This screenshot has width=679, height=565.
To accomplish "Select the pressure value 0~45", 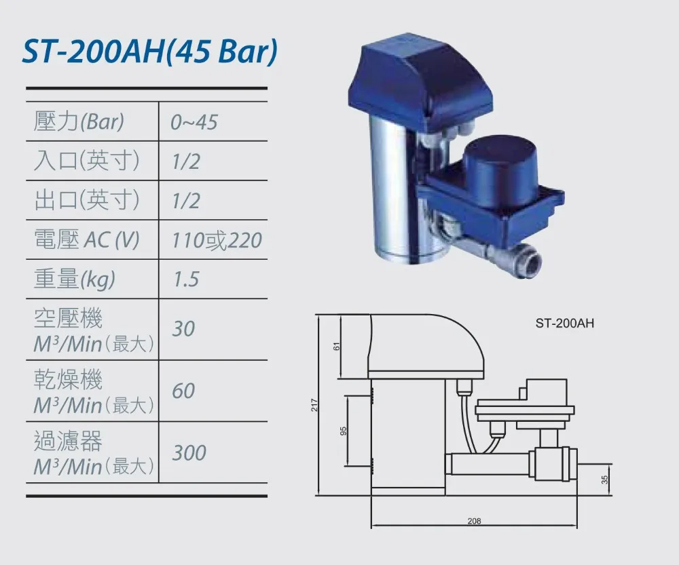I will click(194, 122).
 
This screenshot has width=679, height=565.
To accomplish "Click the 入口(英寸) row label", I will click(86, 161).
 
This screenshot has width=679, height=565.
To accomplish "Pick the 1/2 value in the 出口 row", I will click(186, 201).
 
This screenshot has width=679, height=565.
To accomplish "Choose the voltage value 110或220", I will click(217, 240).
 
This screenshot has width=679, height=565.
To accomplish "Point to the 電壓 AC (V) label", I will click(86, 240).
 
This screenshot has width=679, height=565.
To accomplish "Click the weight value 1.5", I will click(185, 279).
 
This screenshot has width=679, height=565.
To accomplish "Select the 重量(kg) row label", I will click(75, 279).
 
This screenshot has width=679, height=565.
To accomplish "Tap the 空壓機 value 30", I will click(183, 329).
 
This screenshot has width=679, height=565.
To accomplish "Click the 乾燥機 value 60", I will click(183, 391).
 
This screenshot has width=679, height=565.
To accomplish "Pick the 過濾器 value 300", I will click(189, 452).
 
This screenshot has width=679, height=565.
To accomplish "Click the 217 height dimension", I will click(314, 406).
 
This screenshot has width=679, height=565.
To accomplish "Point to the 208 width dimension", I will click(474, 521).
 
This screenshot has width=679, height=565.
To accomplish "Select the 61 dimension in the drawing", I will click(336, 347).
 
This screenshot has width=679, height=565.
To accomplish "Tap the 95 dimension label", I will click(344, 431).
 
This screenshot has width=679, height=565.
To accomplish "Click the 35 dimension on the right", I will click(604, 479).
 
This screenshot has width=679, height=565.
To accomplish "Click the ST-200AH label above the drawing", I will click(564, 324).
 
